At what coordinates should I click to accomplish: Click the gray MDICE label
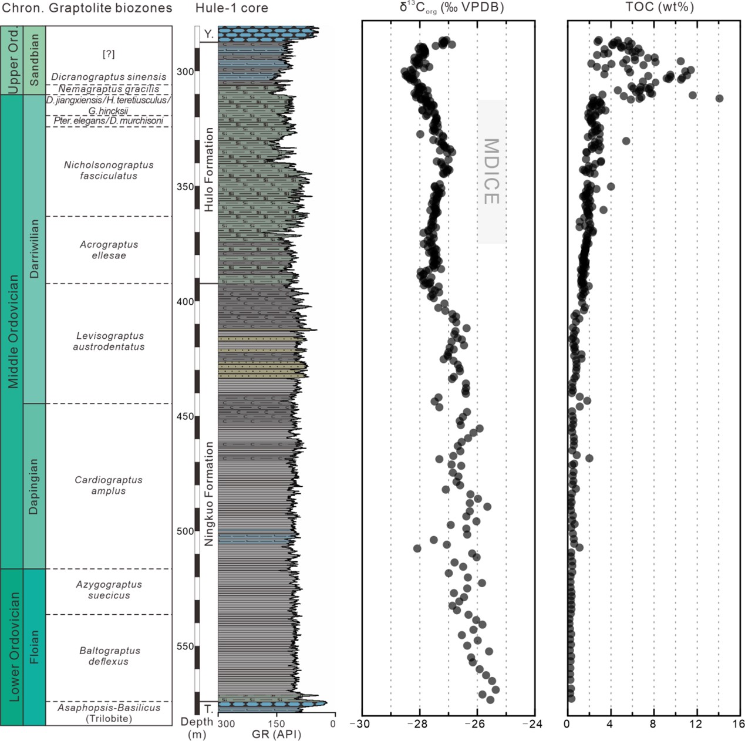[491, 171]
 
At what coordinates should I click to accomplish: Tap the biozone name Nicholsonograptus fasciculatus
[109, 170]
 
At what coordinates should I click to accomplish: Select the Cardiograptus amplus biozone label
[109, 486]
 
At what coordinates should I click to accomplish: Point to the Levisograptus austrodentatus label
[109, 341]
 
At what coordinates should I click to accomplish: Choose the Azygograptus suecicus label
[109, 590]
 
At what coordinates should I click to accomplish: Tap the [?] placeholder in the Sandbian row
[109, 54]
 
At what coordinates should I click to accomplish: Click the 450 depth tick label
[186, 417]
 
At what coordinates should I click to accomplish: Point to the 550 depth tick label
[186, 646]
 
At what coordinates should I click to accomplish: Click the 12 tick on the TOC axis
[696, 724]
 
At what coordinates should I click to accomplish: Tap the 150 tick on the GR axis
[276, 724]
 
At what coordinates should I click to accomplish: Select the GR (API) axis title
[276, 734]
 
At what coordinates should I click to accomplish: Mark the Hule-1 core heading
[231, 8]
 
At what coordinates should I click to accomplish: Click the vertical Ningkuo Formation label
[209, 494]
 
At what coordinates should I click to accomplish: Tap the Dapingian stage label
[34, 486]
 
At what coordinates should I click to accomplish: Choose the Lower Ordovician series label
[14, 646]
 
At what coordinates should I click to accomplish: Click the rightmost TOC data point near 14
[719, 98]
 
